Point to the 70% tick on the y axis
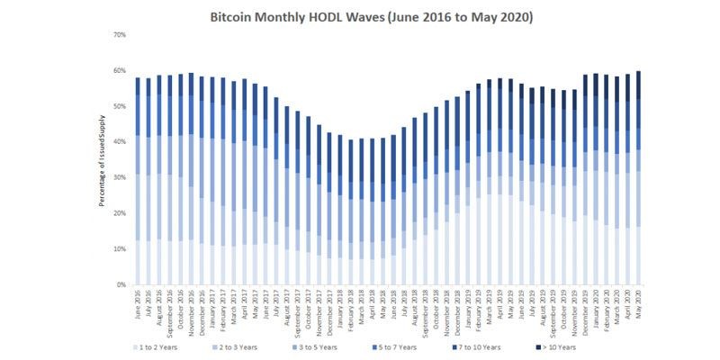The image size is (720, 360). [120, 35]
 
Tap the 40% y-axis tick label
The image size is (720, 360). [120, 142]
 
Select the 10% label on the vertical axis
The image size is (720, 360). [120, 249]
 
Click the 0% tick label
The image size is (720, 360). [121, 285]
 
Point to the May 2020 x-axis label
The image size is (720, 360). [639, 303]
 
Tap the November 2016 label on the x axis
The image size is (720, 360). [192, 308]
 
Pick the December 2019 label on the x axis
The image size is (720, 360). [586, 308]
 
